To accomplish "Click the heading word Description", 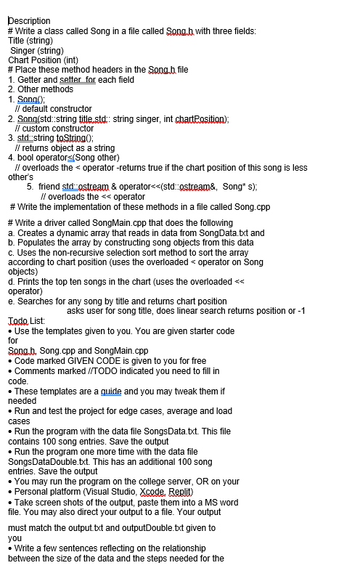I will tap(29, 20).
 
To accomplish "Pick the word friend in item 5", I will tap(49, 187).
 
